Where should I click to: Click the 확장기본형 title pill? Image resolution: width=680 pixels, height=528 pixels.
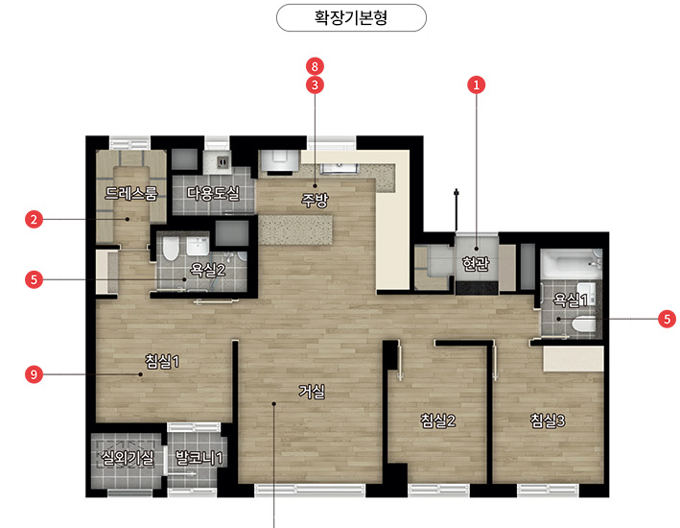(x=351, y=18)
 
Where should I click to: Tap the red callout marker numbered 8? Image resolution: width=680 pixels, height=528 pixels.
(x=315, y=66)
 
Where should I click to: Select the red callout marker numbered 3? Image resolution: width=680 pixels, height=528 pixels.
(x=315, y=85)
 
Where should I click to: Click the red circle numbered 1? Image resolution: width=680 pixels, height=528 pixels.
(x=476, y=85)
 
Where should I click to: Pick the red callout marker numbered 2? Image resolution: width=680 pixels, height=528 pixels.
(x=34, y=219)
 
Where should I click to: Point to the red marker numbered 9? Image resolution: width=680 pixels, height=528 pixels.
(x=34, y=373)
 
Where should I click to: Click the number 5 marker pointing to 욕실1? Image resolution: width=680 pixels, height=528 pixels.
(x=667, y=319)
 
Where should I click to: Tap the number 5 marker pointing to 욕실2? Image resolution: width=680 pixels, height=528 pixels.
(x=34, y=279)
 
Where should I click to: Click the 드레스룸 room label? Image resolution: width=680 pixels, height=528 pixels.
(x=131, y=193)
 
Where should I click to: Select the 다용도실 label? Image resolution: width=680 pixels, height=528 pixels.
(x=213, y=193)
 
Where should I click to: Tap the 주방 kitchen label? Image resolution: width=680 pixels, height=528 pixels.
(x=315, y=201)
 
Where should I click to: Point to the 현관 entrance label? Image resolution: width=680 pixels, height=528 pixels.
(x=476, y=263)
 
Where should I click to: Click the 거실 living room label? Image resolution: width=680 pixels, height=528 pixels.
(x=312, y=392)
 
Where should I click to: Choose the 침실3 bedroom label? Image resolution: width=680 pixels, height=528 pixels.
(x=548, y=420)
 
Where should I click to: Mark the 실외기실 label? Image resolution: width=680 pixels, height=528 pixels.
(x=127, y=457)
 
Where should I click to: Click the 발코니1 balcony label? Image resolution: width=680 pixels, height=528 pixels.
(x=199, y=457)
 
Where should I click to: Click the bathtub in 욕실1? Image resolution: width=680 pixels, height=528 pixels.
(x=572, y=264)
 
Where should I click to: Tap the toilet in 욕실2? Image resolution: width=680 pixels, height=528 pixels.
(x=171, y=248)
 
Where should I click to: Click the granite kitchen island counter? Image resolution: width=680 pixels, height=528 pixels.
(x=295, y=229)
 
